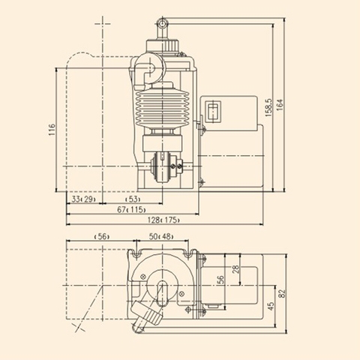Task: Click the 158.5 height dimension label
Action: pyautogui.click(x=268, y=107)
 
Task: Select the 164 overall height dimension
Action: pyautogui.click(x=280, y=105)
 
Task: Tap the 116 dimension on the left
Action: pyautogui.click(x=52, y=130)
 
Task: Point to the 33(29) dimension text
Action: pyautogui.click(x=84, y=199)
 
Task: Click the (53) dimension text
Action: pyautogui.click(x=133, y=199)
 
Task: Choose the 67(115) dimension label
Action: pyautogui.click(x=131, y=210)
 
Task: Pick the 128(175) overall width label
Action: pyautogui.click(x=163, y=220)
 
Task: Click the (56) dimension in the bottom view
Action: pyautogui.click(x=102, y=236)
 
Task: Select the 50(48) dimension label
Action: pyautogui.click(x=161, y=236)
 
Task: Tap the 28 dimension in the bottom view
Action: pyautogui.click(x=235, y=269)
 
